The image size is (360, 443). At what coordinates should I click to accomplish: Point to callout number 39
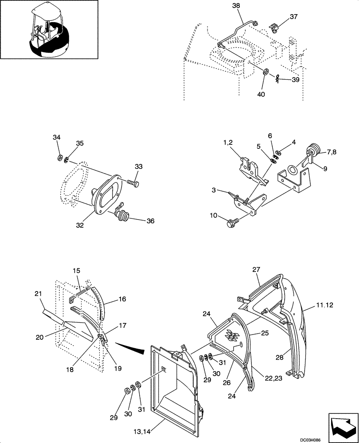295,80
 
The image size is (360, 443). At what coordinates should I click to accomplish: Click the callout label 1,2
227,143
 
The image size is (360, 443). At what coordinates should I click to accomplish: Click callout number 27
257,269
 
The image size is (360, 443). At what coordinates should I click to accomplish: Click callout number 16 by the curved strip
122,300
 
